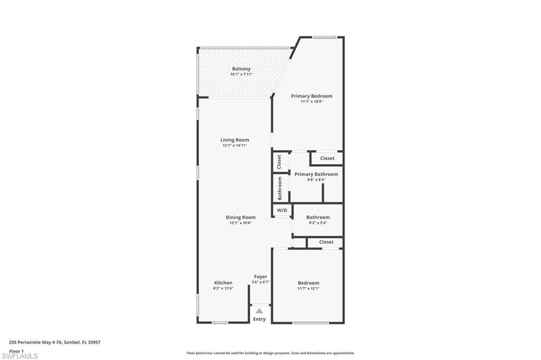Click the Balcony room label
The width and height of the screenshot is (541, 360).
click(241, 69)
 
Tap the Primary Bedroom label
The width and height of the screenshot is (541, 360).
click(312, 96)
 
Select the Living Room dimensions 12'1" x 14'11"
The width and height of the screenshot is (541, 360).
click(235, 145)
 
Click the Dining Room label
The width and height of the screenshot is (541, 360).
click(240, 217)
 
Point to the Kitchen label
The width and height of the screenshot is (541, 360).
click(223, 283)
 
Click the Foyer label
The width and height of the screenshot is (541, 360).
click(260, 277)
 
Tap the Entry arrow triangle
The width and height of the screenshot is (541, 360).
click(259, 311)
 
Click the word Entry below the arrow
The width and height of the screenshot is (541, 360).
click(259, 319)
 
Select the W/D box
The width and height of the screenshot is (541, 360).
click(282, 210)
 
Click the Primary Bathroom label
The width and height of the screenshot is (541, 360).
click(316, 174)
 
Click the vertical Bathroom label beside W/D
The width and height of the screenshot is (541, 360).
click(280, 188)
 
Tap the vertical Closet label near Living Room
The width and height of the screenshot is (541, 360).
click(279, 162)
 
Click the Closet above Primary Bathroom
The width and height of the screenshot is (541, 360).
click(327, 158)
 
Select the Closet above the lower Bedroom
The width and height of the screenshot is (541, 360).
click(326, 242)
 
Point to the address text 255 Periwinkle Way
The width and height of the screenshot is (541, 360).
click(55, 342)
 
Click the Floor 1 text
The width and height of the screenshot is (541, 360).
click(16, 350)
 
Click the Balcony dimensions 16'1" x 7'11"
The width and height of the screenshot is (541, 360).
click(241, 74)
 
